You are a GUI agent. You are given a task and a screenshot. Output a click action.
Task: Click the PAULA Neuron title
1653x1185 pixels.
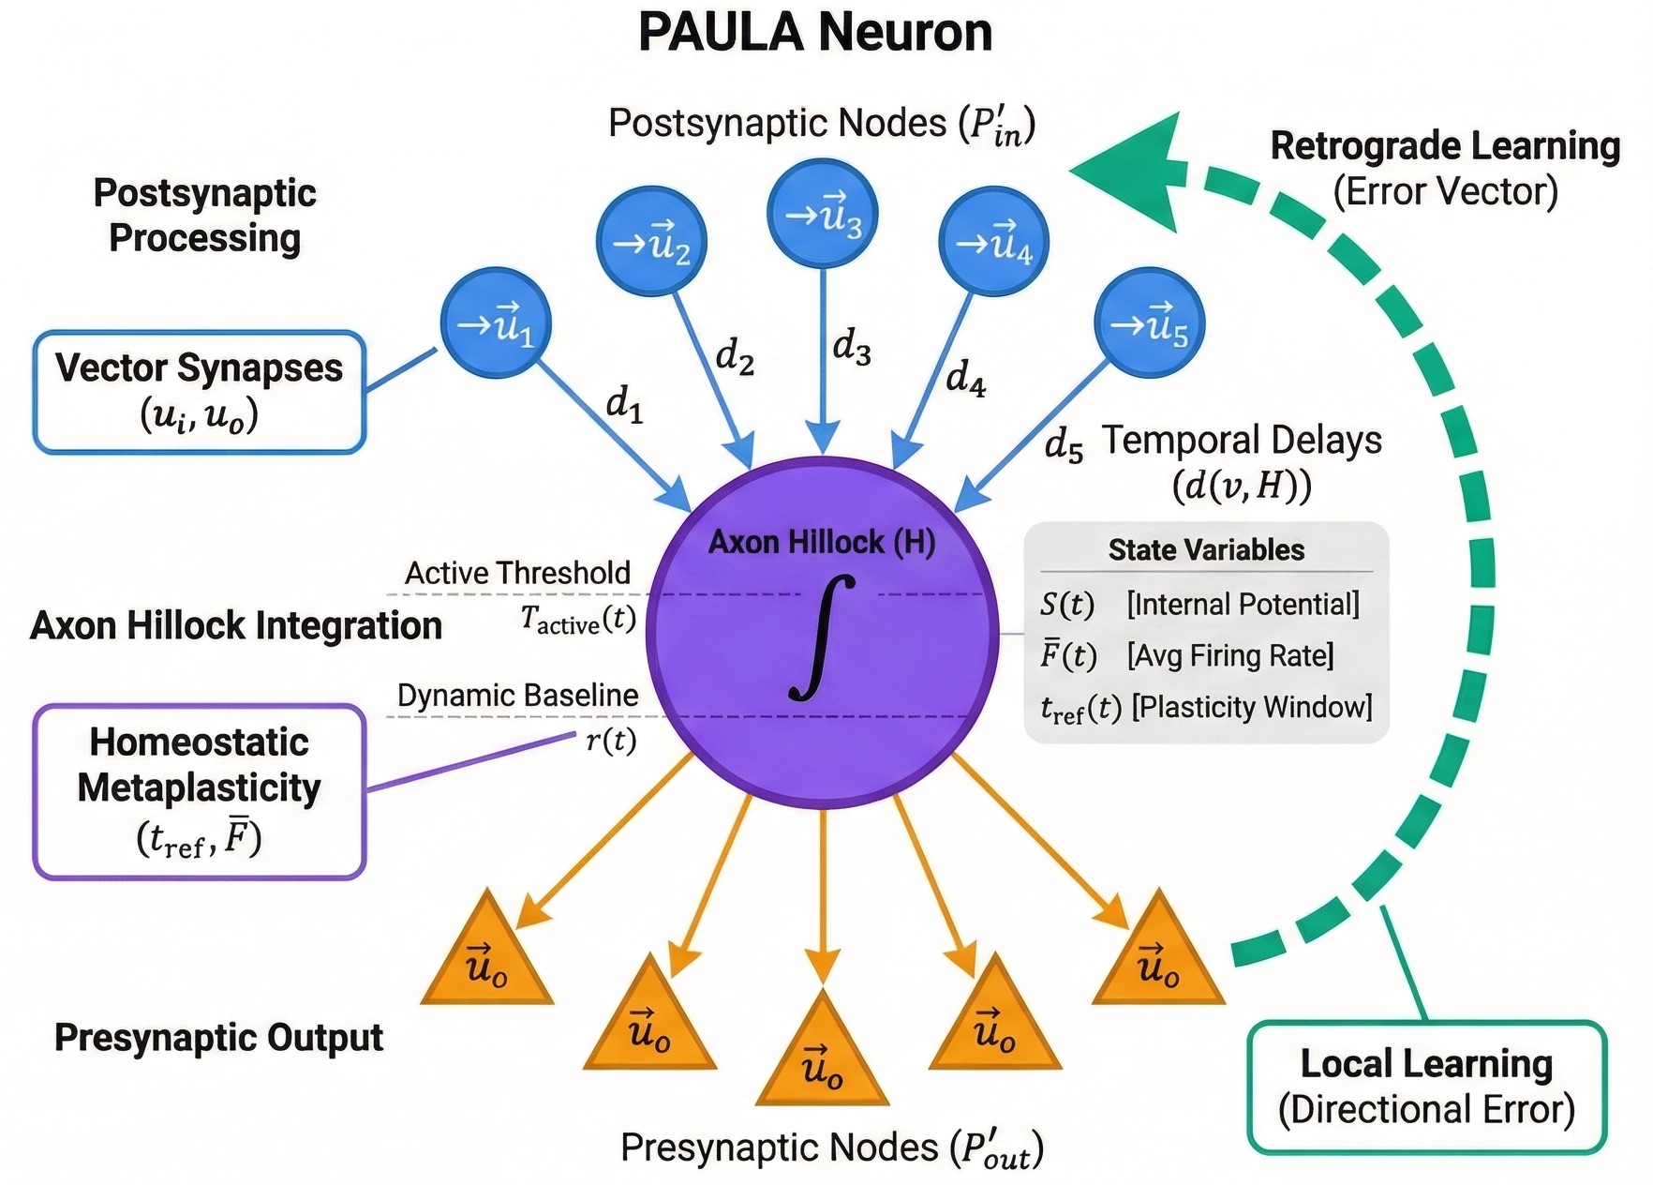tap(815, 33)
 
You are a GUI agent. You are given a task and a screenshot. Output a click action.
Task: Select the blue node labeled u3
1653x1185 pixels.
tap(822, 215)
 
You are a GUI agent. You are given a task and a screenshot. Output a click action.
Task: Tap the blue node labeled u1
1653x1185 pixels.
tap(495, 323)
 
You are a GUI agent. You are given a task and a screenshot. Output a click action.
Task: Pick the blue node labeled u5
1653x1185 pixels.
tap(1149, 324)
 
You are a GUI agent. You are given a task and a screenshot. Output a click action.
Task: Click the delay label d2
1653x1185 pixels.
tap(735, 357)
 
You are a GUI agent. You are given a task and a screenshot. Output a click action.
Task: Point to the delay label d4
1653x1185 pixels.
tap(965, 378)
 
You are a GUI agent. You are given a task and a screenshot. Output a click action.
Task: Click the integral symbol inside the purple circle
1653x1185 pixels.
tap(822, 637)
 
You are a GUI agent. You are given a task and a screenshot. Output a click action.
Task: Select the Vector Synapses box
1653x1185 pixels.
tap(199, 392)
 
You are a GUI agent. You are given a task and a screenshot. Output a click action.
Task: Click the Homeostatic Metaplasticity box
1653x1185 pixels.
tap(199, 791)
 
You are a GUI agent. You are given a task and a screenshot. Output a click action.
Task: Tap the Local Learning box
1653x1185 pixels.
tap(1426, 1087)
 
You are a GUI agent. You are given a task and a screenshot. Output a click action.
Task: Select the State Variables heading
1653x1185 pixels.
tap(1206, 550)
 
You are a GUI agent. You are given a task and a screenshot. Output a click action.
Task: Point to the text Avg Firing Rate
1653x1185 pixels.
tap(1230, 655)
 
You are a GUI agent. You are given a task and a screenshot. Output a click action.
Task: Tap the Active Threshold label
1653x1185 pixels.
tap(517, 573)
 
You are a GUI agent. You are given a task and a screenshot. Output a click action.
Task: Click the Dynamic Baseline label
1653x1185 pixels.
tap(517, 696)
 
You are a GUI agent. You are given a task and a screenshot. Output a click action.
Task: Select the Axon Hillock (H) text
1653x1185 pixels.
tap(822, 542)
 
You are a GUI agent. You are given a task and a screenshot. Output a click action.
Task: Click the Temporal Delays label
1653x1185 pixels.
tap(1241, 440)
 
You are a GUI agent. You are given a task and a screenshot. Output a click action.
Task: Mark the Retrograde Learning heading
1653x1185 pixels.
tap(1445, 146)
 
